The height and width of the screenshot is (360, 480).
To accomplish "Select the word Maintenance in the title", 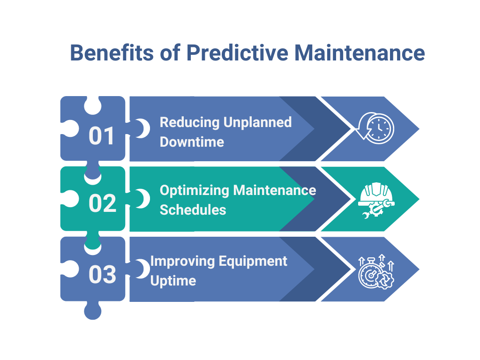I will (x=360, y=53).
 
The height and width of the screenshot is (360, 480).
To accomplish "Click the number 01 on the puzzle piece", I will (x=102, y=136).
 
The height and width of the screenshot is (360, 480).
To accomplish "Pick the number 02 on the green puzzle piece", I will (x=102, y=203).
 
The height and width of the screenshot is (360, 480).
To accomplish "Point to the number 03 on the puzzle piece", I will (x=102, y=275).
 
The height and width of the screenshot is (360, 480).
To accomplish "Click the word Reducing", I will (x=189, y=122).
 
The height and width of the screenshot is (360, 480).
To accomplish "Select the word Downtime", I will (x=192, y=142).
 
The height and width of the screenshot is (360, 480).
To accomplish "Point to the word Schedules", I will (x=193, y=210).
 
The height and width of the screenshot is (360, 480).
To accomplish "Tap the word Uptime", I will (x=173, y=281).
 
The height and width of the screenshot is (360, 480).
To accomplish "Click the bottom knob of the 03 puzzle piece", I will (x=92, y=311).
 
